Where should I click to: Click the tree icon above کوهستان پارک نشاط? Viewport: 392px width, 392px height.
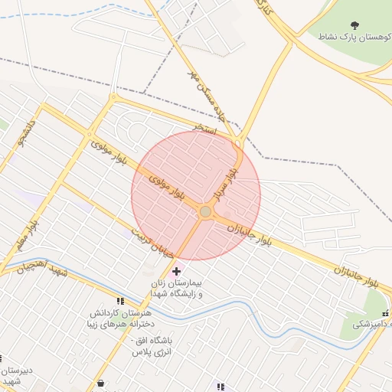click(354, 25)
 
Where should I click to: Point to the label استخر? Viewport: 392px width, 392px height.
click(206, 131)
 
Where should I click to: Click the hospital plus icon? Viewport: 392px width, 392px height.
click(177, 271)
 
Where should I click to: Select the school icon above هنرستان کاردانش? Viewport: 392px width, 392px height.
click(119, 302)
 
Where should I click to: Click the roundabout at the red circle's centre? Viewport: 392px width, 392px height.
click(205, 211)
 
